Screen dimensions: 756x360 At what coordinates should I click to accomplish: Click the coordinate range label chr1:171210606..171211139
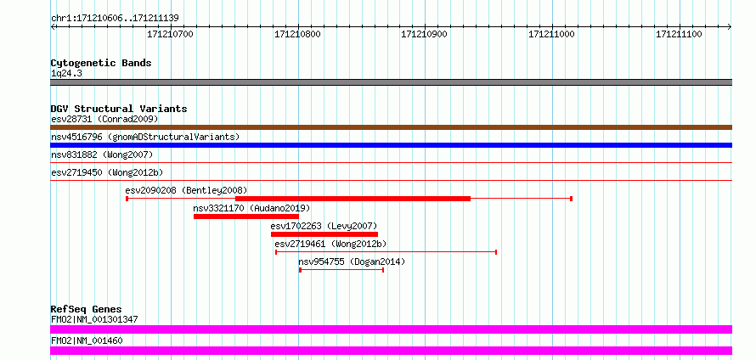(115, 19)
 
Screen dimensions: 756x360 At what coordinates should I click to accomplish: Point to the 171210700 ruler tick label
(170, 35)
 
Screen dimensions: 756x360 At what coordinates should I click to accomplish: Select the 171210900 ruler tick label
(425, 35)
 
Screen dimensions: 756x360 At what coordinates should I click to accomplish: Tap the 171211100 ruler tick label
(680, 35)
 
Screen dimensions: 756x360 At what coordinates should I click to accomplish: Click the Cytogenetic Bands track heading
(101, 63)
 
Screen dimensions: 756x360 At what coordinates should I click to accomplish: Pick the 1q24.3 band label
(63, 74)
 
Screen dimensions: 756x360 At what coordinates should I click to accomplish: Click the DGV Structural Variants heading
(119, 109)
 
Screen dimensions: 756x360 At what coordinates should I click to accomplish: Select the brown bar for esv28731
(391, 127)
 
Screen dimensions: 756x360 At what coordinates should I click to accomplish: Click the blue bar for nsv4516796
(391, 145)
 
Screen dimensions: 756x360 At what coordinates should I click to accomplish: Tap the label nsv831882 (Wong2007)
(102, 155)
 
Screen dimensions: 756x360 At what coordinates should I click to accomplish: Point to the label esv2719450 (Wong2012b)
(108, 172)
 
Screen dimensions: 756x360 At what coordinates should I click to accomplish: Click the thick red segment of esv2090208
(353, 199)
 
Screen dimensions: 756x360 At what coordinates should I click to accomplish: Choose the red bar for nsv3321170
(245, 217)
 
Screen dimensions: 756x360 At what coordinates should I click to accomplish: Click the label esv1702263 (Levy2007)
(324, 226)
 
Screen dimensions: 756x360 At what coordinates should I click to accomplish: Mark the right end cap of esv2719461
(496, 252)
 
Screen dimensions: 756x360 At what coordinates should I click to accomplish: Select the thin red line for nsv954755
(341, 270)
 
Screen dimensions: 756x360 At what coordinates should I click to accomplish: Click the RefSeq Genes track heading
(87, 309)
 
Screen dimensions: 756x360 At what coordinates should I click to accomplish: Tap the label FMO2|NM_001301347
(94, 319)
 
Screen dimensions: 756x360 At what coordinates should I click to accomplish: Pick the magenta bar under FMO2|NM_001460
(391, 351)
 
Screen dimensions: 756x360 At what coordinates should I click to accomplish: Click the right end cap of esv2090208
(572, 199)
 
